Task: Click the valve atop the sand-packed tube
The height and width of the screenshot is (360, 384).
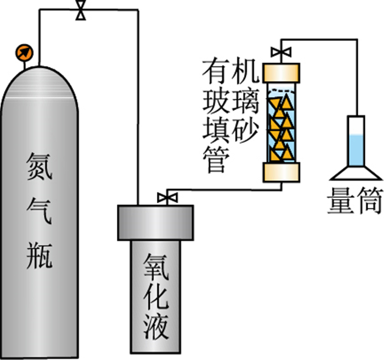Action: coord(281,53)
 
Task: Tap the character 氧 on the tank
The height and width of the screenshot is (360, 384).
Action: coord(155,261)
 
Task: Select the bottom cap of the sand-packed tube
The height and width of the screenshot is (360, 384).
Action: coord(282,172)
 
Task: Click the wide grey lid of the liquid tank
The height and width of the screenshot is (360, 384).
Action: coord(156,222)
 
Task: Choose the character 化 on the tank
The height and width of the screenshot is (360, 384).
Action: coord(155,293)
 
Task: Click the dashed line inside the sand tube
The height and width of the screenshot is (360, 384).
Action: coord(282,89)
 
